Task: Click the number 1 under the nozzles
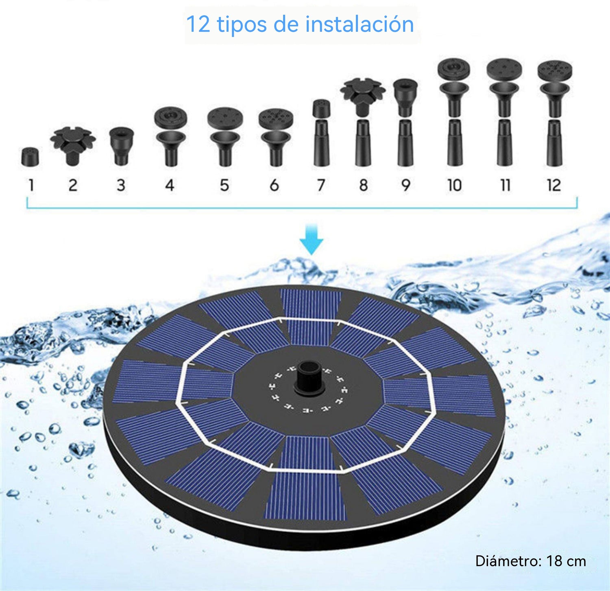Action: click(31, 185)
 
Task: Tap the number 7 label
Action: click(321, 185)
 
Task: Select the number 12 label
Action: click(554, 185)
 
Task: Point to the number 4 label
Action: click(170, 185)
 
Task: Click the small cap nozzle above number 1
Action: click(30, 157)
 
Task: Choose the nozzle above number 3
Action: click(121, 147)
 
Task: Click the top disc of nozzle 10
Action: click(454, 68)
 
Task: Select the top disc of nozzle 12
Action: click(555, 70)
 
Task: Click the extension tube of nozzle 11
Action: click(505, 142)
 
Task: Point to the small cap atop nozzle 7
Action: click(321, 108)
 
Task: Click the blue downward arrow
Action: click(312, 239)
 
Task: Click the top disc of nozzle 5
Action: click(225, 118)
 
